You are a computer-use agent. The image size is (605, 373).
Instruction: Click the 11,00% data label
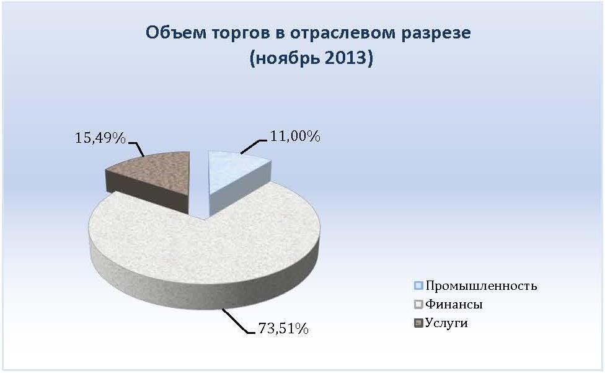pos(295,137)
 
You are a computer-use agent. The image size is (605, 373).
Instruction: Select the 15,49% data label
pos(100,137)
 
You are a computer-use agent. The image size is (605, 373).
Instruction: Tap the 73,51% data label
pos(283,328)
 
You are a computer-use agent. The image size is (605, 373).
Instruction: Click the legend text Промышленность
pos(481,286)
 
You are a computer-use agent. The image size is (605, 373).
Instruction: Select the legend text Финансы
pos(454,304)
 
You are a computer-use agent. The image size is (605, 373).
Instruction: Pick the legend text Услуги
pos(446,323)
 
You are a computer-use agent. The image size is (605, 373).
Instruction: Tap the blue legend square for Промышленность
pos(418,285)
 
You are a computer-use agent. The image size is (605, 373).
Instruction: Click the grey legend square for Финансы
pos(418,304)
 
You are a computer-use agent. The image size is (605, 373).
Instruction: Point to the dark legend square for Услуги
pos(418,323)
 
